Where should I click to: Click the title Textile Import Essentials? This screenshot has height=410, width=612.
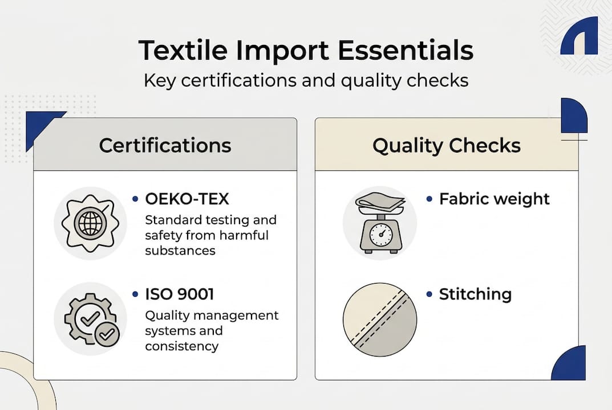coord(306,51)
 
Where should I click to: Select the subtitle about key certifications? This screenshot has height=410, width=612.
coord(306,80)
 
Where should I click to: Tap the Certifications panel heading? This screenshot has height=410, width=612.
coord(165,145)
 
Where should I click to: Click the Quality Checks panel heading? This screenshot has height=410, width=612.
coord(446,145)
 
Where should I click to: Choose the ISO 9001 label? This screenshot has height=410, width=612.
coord(179,294)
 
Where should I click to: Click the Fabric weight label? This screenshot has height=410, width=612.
coord(494,199)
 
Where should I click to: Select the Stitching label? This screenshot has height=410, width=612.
coord(475,294)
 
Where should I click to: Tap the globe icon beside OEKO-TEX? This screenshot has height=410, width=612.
coord(90,223)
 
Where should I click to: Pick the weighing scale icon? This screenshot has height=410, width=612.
coord(379,223)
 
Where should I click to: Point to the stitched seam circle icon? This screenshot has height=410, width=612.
coord(379,318)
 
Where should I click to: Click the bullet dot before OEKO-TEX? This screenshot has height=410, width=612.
coord(135,199)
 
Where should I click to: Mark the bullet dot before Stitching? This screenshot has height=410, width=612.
coord(429,294)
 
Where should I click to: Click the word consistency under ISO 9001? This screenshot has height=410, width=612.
coord(181,346)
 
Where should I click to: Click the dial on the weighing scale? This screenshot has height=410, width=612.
coord(380,234)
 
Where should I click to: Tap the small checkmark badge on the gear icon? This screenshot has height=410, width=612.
coord(107,335)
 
